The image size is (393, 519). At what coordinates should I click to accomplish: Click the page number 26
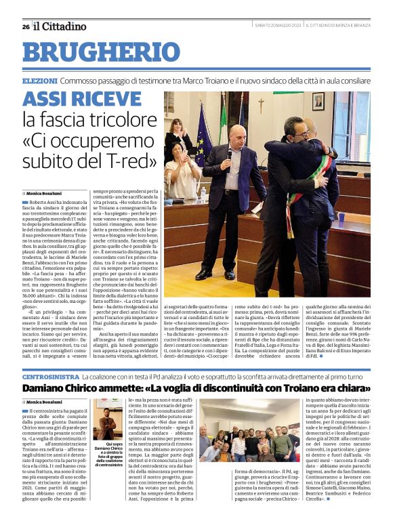click(x=26, y=26)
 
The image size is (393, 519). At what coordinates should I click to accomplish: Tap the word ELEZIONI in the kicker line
click(x=39, y=81)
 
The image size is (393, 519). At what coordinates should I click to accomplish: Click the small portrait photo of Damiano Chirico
click(x=106, y=422)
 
